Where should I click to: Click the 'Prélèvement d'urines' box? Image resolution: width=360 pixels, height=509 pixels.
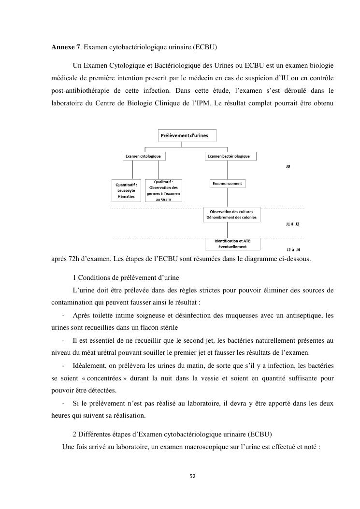[187, 135]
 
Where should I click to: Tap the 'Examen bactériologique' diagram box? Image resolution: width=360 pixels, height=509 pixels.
[229, 156]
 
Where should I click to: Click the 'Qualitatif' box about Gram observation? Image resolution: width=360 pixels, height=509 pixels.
[164, 190]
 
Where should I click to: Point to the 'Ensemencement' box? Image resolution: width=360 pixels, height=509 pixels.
[227, 184]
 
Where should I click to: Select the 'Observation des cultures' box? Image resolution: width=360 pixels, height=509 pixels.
[231, 215]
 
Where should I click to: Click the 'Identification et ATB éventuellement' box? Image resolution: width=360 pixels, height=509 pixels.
[232, 243]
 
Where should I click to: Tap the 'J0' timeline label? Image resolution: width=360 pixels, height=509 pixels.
[288, 166]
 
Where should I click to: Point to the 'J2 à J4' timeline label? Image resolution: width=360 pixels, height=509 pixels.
[293, 249]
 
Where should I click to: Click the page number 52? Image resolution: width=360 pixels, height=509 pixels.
[192, 476]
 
